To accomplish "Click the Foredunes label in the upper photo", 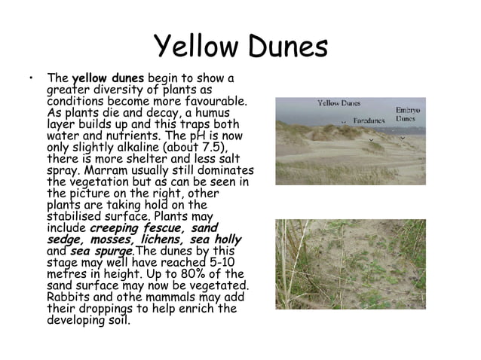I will (369, 119).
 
